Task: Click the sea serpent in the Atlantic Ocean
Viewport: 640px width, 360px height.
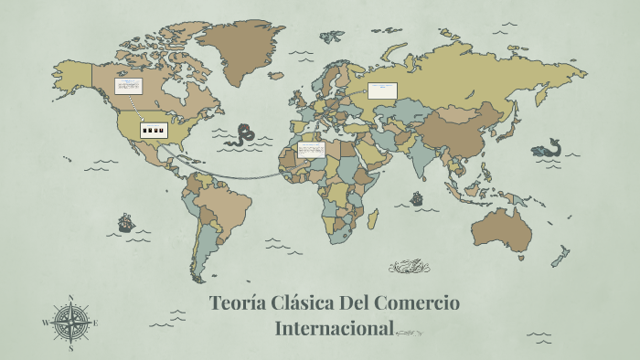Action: click(244, 136)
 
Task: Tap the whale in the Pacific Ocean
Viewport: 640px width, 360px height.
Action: click(548, 148)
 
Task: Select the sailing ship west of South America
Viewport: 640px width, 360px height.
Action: click(125, 222)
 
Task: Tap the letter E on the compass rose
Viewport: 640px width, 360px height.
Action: click(96, 323)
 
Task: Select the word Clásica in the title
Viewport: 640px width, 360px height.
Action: click(307, 303)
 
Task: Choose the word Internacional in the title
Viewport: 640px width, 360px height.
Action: click(335, 328)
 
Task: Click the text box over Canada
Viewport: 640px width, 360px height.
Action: click(129, 87)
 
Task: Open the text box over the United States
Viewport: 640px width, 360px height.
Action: click(154, 130)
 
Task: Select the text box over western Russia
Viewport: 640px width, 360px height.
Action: click(383, 90)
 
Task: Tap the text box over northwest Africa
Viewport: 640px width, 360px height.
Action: click(311, 149)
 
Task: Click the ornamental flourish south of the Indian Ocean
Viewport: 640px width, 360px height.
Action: click(407, 267)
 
